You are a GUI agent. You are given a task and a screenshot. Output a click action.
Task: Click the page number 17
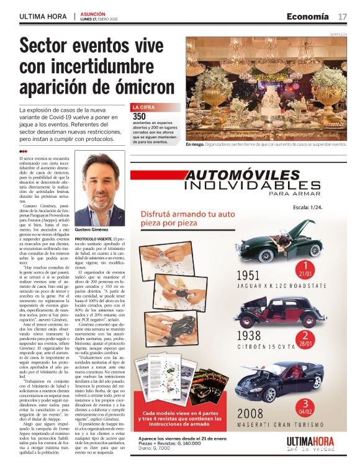342,16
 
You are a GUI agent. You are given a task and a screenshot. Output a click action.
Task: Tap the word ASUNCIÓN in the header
93,13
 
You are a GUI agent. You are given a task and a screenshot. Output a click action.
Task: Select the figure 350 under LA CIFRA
139,116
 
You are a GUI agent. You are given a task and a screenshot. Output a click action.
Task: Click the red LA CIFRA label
144,107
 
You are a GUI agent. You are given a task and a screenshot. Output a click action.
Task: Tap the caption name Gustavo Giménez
92,229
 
